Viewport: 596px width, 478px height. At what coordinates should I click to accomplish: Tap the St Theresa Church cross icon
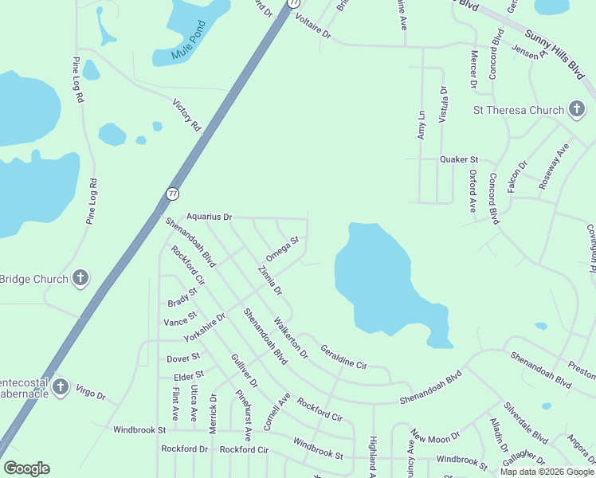click(x=577, y=110)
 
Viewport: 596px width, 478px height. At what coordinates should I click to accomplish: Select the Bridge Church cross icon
click(x=80, y=279)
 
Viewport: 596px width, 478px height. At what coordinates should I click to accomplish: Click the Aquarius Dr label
click(x=209, y=217)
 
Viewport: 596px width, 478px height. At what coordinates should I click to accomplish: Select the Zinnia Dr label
click(x=270, y=280)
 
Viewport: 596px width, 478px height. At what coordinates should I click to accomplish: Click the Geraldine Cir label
click(x=343, y=356)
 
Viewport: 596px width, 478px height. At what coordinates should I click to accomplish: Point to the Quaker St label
click(x=459, y=159)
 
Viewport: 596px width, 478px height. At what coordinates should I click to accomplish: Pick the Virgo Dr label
click(x=90, y=394)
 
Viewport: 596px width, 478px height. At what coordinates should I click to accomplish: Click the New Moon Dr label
click(x=435, y=437)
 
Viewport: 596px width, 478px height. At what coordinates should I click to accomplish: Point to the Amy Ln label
click(x=422, y=126)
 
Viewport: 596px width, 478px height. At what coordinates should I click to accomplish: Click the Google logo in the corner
click(x=26, y=468)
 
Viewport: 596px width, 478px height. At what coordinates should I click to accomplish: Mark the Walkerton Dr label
click(x=290, y=338)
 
